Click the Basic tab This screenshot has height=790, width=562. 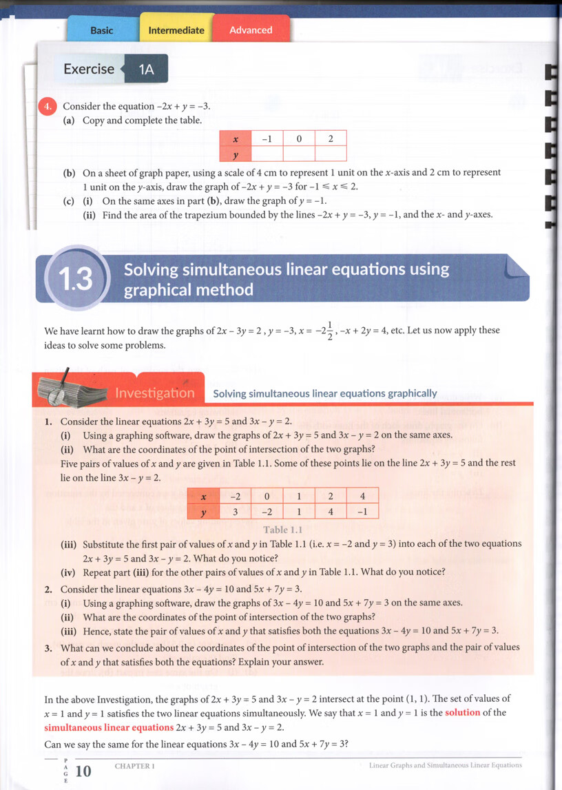point(101,30)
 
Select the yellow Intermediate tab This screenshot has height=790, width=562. point(176,30)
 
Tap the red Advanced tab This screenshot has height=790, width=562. point(251,30)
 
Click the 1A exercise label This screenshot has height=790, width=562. point(146,69)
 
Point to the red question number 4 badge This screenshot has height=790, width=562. point(48,106)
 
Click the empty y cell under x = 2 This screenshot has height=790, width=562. point(331,154)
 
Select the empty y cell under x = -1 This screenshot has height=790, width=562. point(267,154)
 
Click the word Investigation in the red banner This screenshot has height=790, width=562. point(155,393)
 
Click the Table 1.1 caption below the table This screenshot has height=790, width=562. point(283,530)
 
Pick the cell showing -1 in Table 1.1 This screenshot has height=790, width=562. point(362,512)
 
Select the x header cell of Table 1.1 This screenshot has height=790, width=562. point(203,496)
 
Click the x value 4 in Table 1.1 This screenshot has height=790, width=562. point(362,496)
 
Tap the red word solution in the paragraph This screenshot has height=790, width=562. point(462,712)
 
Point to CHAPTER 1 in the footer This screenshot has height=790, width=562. point(134,766)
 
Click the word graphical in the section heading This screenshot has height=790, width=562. point(156,290)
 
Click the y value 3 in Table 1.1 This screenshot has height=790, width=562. point(236,512)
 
